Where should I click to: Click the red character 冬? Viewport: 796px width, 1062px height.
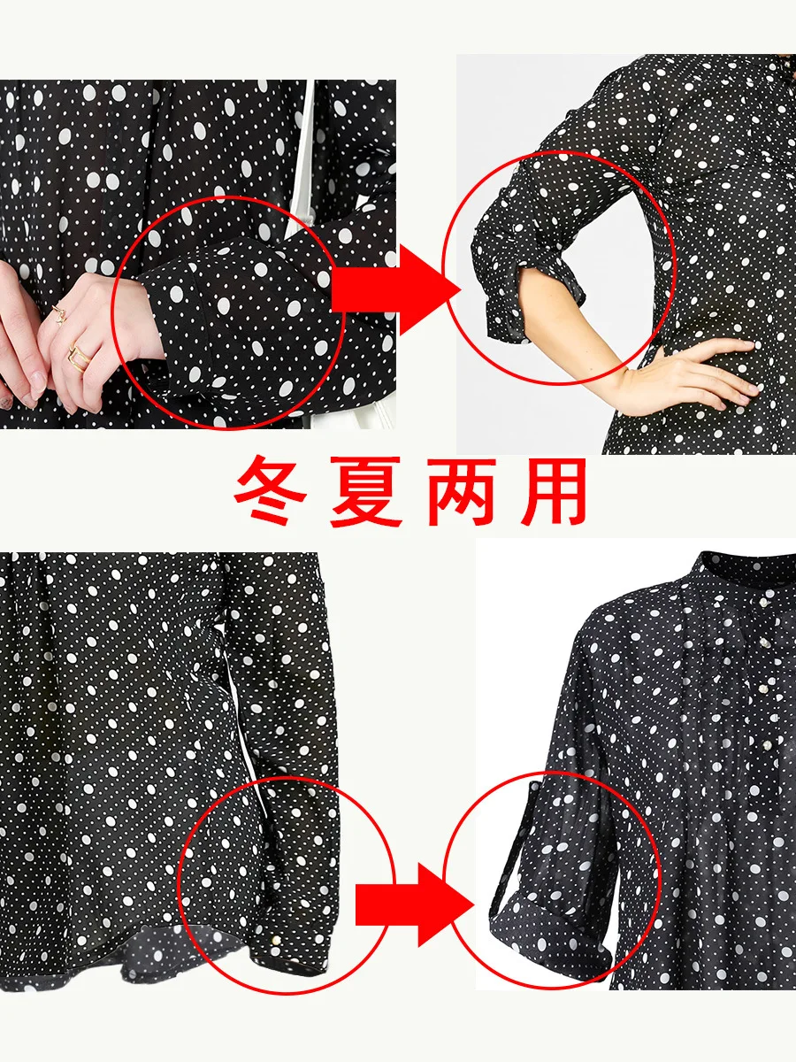click(271, 490)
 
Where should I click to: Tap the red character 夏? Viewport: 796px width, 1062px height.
click(365, 491)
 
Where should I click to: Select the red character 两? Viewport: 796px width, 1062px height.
click(462, 491)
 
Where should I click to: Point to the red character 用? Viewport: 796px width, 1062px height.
click(553, 491)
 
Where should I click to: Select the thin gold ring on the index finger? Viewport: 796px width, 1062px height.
click(59, 313)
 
